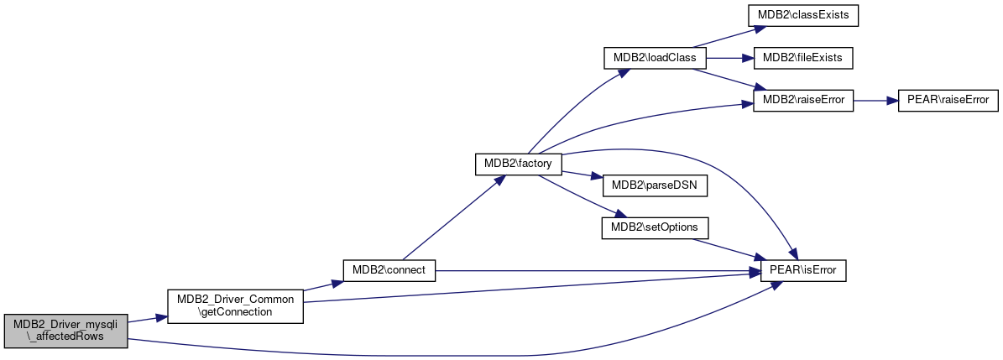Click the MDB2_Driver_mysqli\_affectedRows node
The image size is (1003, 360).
65,331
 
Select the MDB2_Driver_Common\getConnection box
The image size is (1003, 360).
235,306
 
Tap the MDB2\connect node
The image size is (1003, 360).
389,270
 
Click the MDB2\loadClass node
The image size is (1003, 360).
655,58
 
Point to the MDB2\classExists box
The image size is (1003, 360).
802,16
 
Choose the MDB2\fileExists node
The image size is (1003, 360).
802,58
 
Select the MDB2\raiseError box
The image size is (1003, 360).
802,101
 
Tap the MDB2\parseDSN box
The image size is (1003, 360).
655,185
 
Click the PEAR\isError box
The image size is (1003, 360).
802,270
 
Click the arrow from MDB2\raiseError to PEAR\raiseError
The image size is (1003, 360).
875,101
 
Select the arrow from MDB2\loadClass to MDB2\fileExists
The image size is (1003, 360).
730,58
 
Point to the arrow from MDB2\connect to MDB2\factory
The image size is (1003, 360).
451,217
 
